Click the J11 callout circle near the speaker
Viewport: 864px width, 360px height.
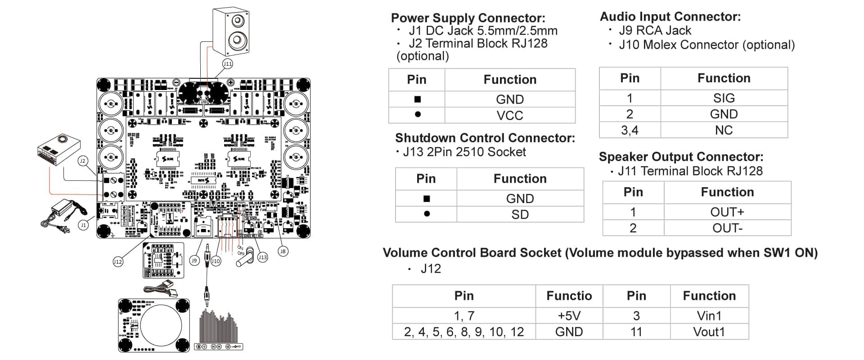pos(228,64)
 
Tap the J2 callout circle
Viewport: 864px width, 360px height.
pos(82,161)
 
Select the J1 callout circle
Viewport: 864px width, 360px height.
pos(83,225)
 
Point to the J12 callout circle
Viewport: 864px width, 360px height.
pos(117,261)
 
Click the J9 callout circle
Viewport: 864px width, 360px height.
pos(194,261)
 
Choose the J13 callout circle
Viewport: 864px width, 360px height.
pos(262,257)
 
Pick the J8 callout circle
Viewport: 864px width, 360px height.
pos(283,251)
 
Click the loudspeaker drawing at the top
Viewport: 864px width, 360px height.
pos(230,31)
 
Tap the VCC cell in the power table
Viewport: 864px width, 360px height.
pos(509,115)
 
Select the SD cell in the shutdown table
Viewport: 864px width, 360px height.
pos(520,214)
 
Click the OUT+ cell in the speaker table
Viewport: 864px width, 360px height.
pos(727,212)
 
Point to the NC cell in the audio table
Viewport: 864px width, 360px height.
pos(724,130)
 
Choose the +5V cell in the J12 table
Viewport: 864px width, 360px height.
pos(569,315)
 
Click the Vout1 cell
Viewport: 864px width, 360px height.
pos(709,332)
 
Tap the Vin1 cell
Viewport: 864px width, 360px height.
pos(709,315)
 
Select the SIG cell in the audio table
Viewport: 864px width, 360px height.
pos(724,98)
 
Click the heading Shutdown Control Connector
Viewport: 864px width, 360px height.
pos(485,138)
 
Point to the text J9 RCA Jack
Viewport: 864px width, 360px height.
pos(655,31)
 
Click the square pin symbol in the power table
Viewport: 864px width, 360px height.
pos(417,99)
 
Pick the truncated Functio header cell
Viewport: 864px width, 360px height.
pos(569,296)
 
